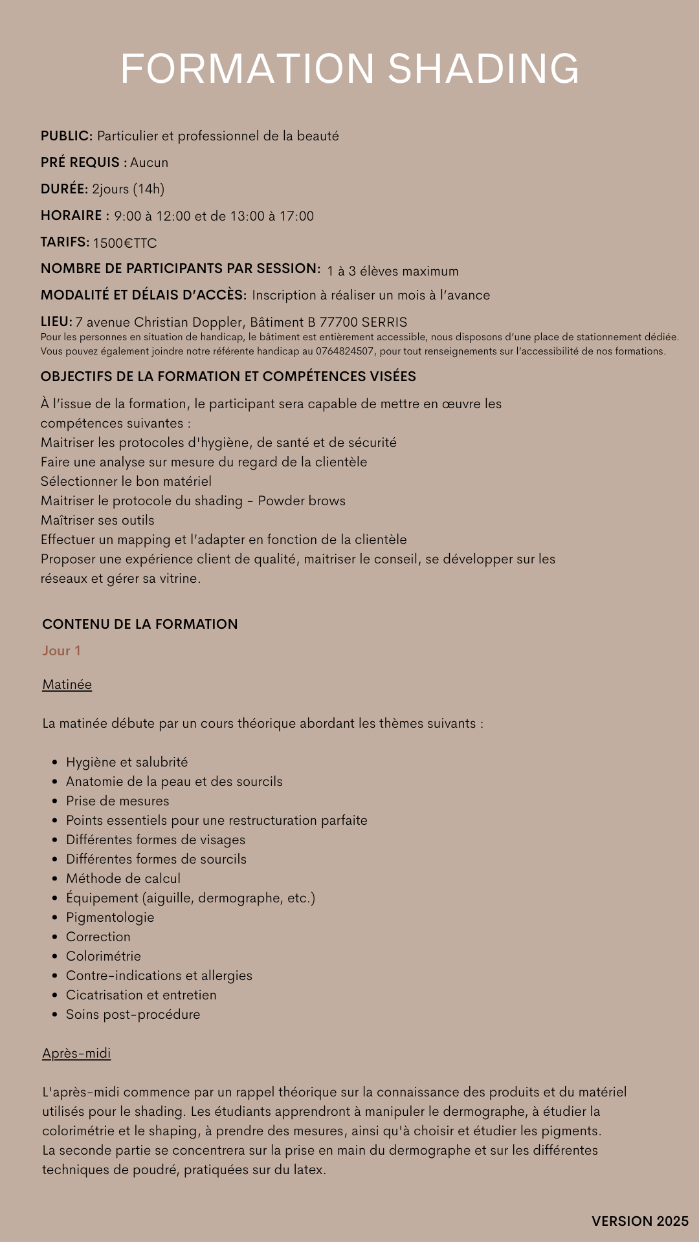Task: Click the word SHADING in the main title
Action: (483, 69)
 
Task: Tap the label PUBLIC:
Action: (67, 136)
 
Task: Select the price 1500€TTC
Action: (124, 243)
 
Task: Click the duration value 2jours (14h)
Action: (128, 189)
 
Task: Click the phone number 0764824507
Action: (345, 351)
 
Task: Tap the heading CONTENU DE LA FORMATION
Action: (140, 624)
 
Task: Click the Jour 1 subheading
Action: (61, 651)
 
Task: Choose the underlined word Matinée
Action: (67, 684)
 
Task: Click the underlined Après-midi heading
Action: (76, 1053)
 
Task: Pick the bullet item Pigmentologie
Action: (110, 917)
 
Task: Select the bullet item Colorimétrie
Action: (104, 956)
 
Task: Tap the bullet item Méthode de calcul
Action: (123, 878)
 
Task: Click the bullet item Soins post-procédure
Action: (133, 1014)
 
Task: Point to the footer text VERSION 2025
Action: (640, 1221)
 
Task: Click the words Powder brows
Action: (302, 501)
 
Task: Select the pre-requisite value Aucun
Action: (149, 162)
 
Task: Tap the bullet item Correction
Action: (98, 937)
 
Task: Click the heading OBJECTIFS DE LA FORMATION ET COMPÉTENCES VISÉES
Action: (228, 376)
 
